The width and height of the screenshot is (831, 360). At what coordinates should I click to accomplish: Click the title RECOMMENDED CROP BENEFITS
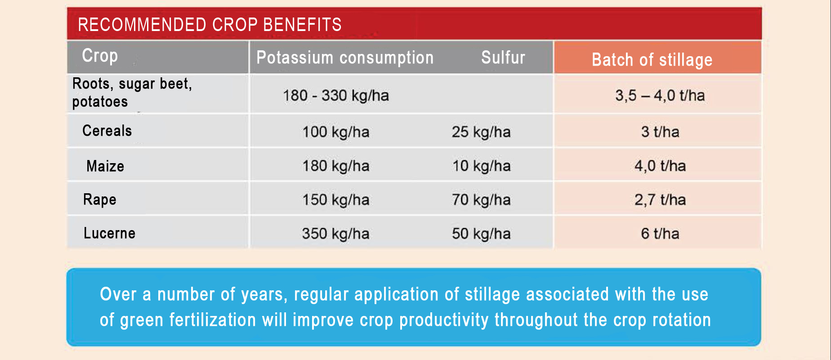210,25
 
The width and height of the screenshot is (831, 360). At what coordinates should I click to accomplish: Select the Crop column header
100,56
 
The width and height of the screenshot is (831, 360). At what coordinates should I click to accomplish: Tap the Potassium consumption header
345,58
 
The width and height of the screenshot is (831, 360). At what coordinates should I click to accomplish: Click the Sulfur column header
503,58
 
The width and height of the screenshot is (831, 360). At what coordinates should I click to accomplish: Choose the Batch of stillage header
652,60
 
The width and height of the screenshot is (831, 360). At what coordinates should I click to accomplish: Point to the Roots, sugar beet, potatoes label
132,93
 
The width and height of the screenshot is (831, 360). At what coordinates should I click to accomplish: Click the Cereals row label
107,131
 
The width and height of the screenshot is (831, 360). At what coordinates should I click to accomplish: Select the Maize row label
105,166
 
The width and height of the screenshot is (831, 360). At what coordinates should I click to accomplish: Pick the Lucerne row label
109,233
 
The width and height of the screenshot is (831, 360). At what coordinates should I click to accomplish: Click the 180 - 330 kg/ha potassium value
336,96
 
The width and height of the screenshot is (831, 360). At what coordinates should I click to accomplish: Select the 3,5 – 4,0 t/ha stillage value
660,96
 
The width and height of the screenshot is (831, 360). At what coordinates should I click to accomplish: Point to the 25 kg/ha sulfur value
481,132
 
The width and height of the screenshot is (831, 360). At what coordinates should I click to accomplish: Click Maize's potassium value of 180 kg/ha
336,166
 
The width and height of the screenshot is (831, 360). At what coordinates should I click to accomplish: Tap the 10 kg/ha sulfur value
481,166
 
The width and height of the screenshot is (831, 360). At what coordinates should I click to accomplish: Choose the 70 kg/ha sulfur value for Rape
481,200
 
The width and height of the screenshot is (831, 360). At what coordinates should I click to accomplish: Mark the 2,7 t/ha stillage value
660,200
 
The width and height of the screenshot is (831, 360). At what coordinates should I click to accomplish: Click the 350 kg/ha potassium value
336,234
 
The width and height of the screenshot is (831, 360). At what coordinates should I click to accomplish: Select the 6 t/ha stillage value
660,234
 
